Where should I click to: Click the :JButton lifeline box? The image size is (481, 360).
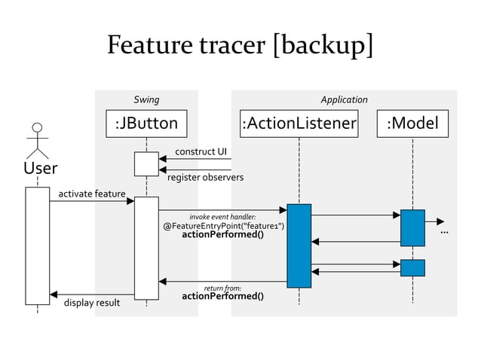click(146, 123)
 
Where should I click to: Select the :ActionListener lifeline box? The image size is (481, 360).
click(299, 123)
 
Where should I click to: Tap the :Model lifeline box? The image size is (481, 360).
click(412, 123)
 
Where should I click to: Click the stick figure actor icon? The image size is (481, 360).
click(37, 140)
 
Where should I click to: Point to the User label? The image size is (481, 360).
click(40, 167)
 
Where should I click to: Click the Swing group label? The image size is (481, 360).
click(146, 99)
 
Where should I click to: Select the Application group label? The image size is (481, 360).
click(344, 99)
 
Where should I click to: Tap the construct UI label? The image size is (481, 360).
click(201, 151)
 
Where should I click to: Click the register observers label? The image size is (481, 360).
click(205, 178)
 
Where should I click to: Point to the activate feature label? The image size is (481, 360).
click(92, 194)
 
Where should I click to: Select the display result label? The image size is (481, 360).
click(91, 304)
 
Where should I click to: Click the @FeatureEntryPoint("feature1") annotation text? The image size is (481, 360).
click(224, 226)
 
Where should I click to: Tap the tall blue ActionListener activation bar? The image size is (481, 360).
click(299, 246)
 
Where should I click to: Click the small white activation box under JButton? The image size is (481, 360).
click(146, 164)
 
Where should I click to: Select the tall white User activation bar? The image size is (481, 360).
click(37, 246)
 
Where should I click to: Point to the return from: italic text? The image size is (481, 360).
click(222, 288)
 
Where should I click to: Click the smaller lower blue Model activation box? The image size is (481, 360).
click(412, 267)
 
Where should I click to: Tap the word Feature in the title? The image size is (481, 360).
click(154, 45)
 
